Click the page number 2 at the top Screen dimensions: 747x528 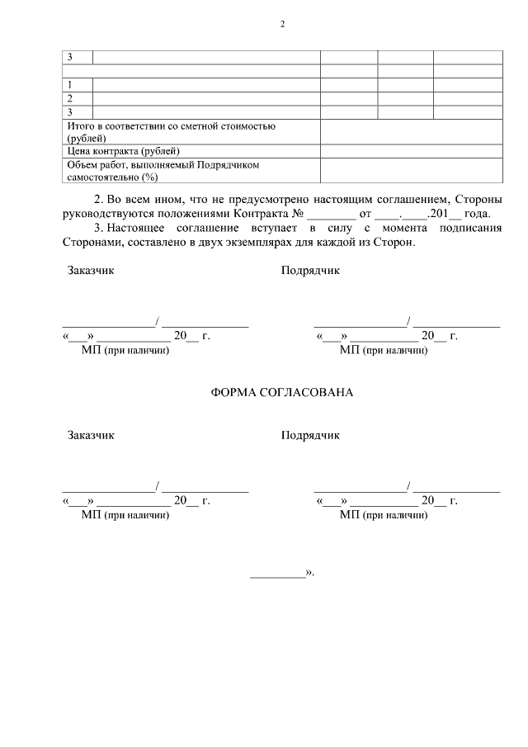point(282,24)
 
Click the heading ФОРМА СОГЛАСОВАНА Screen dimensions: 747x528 point(282,392)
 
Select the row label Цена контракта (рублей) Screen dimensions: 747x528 point(123,151)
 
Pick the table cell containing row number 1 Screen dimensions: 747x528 point(78,84)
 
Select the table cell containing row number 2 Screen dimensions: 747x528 point(78,97)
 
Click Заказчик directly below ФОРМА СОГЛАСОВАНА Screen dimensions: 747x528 point(91,435)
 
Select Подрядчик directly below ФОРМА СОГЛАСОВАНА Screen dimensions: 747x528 point(309,435)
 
